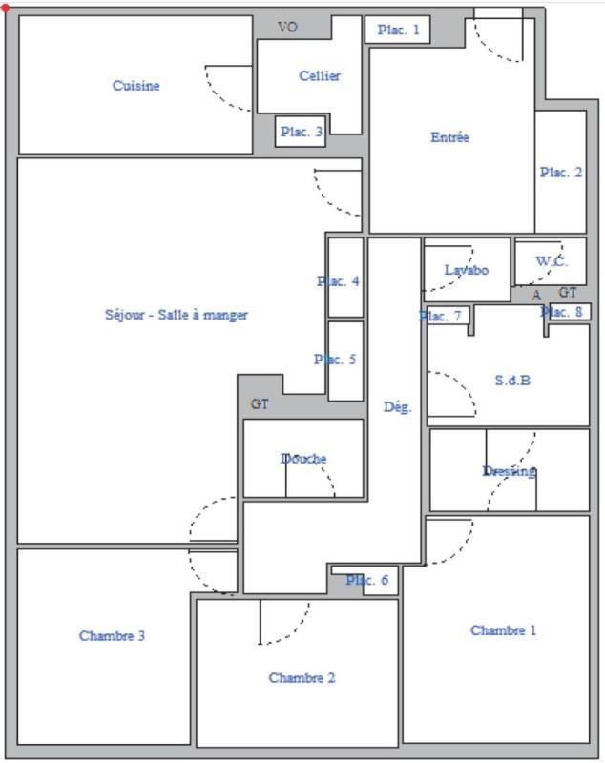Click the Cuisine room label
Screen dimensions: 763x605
[x=136, y=86]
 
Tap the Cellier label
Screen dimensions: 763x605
[x=320, y=76]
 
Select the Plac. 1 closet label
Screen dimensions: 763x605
[x=398, y=31]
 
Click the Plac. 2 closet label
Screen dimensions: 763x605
[x=560, y=173]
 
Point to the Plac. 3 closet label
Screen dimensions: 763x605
[x=301, y=133]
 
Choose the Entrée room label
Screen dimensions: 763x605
[x=449, y=137]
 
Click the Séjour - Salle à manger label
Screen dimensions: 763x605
[x=177, y=315]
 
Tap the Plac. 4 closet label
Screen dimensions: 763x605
[x=338, y=281]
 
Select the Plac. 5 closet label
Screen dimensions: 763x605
[x=335, y=360]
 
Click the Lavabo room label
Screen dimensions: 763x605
[x=466, y=270]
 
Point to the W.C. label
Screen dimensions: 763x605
[x=551, y=261]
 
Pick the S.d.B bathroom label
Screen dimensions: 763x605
[x=512, y=380]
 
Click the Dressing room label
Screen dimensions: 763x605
[x=509, y=471]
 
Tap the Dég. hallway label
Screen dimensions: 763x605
[x=398, y=407]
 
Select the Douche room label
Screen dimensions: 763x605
[x=303, y=459]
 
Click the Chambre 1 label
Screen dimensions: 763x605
[x=503, y=630]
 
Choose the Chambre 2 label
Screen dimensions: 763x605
[x=302, y=678]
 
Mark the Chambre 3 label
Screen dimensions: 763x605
[x=112, y=636]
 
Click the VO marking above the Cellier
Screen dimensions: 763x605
[x=287, y=28]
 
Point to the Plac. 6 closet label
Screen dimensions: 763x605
[x=366, y=580]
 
